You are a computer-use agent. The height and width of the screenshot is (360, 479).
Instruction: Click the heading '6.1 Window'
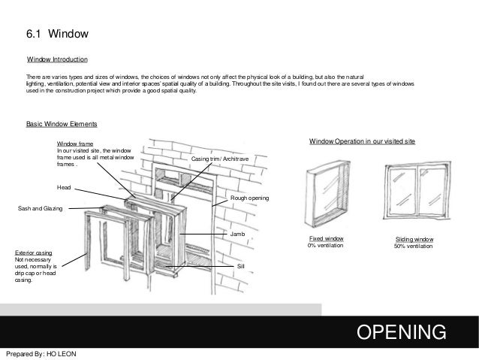(58, 35)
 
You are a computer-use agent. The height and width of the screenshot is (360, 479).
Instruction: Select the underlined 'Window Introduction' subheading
(58, 59)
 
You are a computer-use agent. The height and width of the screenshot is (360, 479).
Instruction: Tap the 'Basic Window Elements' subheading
(59, 123)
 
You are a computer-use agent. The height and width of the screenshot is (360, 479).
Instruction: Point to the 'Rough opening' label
(249, 198)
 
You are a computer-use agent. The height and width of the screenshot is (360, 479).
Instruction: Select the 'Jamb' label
(238, 235)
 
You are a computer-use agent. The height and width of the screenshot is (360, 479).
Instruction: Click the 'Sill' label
(240, 266)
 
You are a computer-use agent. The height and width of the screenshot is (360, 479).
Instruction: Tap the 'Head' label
(65, 186)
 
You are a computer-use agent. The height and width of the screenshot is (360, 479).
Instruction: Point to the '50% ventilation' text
(415, 247)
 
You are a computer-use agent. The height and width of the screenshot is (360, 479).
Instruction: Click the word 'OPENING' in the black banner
(402, 331)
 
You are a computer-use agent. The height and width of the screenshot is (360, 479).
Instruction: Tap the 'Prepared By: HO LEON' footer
(41, 353)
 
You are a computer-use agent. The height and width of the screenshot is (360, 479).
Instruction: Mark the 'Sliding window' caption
(415, 239)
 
